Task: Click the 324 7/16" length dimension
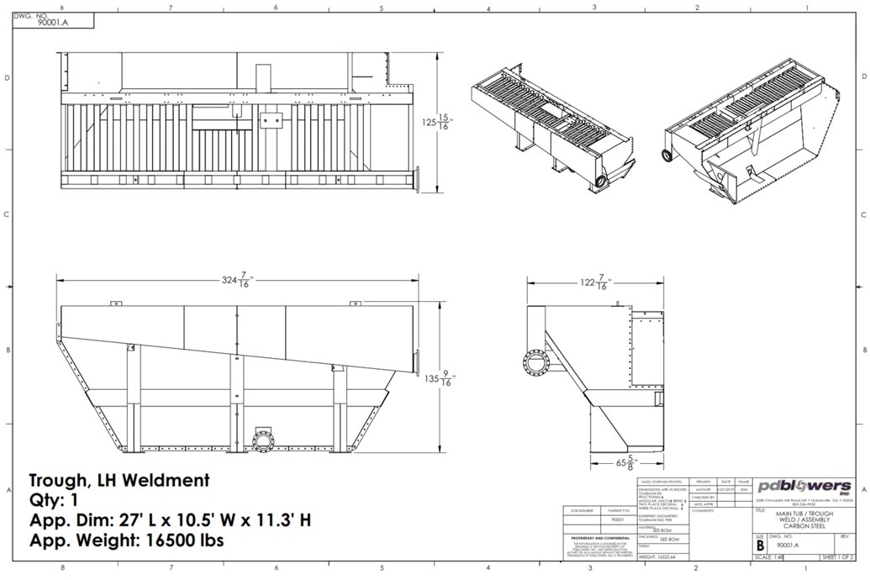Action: [238, 281]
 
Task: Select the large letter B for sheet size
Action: [760, 544]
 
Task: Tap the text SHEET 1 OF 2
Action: [836, 556]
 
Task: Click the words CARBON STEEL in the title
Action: [804, 526]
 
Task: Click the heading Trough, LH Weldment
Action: [119, 481]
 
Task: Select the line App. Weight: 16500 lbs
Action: [126, 540]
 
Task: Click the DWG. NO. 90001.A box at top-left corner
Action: [40, 20]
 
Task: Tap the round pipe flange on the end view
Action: [535, 363]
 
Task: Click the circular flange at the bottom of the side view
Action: [264, 441]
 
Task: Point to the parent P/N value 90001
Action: [617, 520]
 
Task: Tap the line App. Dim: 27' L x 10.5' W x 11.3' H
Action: [170, 520]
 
